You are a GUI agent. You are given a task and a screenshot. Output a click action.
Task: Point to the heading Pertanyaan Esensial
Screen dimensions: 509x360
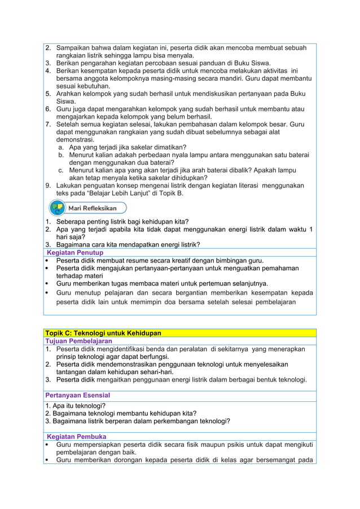pyautogui.click(x=77, y=395)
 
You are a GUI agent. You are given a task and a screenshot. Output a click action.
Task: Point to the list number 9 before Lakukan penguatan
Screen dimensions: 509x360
pyautogui.click(x=49, y=185)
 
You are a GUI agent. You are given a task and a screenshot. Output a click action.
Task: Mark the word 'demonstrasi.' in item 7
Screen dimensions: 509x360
pyautogui.click(x=75, y=139)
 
